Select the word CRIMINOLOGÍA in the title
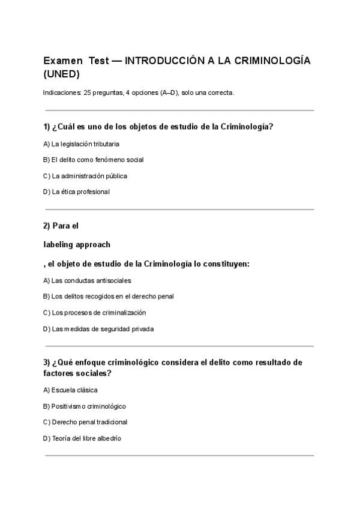(x=271, y=61)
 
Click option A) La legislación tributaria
(x=81, y=144)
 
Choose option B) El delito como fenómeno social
(x=93, y=160)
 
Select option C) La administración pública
(x=85, y=176)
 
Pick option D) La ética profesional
(x=76, y=192)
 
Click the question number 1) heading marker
(x=47, y=127)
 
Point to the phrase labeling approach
(x=77, y=245)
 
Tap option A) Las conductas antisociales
(x=87, y=280)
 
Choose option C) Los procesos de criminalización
(x=94, y=313)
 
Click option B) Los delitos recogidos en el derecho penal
(x=108, y=297)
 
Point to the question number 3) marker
(x=47, y=363)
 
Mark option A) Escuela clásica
(x=70, y=390)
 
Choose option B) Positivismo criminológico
(x=85, y=406)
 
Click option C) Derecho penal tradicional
(x=85, y=422)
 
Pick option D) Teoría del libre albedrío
(x=82, y=438)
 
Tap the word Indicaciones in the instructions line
(x=62, y=92)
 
